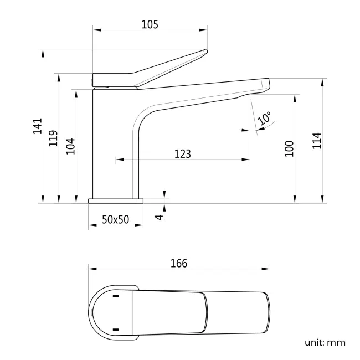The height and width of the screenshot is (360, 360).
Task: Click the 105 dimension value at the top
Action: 150,24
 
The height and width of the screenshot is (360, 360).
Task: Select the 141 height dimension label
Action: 37,126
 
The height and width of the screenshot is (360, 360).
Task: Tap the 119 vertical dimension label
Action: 53,138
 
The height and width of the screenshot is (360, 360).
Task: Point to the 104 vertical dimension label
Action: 70,146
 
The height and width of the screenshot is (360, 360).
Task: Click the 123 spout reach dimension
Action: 182,153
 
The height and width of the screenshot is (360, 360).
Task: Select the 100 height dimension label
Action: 289,148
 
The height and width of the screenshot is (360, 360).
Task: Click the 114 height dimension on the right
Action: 317,141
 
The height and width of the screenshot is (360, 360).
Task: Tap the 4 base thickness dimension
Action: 158,216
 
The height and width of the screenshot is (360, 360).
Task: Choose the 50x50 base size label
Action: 115,219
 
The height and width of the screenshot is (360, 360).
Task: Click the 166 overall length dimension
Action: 178,263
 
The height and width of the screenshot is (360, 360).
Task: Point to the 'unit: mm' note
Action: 325,342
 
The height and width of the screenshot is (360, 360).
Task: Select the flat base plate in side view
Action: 115,200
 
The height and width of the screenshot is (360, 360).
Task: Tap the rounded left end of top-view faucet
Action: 91,313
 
